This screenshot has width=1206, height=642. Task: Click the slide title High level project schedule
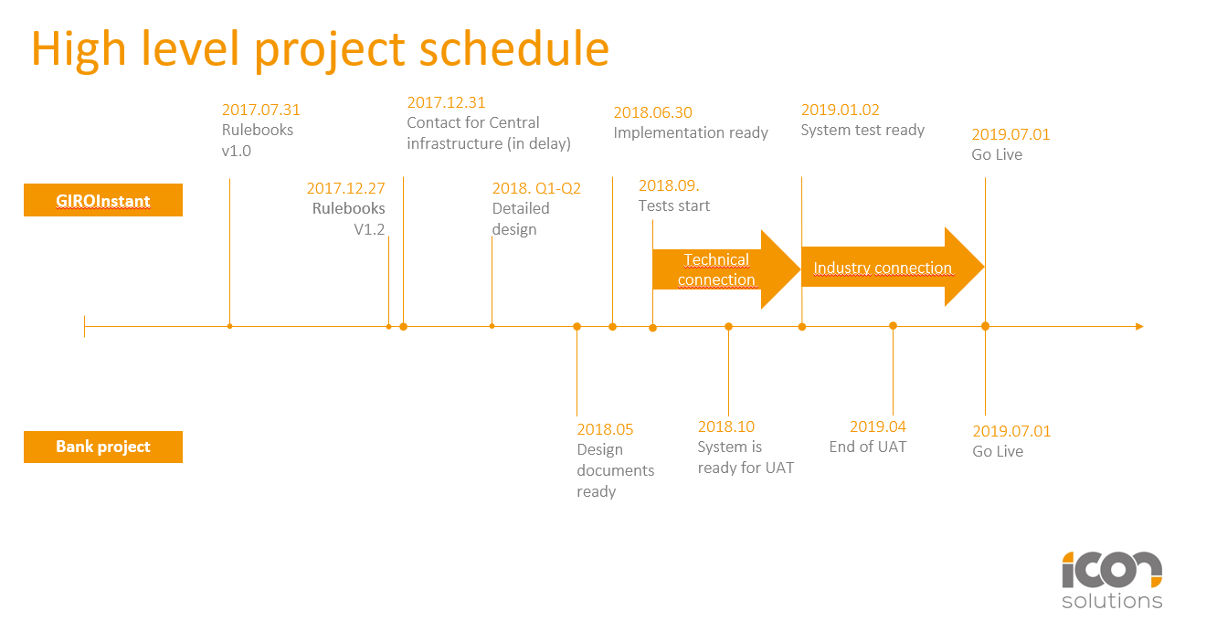click(x=320, y=48)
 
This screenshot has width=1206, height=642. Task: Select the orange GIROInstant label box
click(x=103, y=201)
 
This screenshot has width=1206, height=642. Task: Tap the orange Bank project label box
click(x=103, y=447)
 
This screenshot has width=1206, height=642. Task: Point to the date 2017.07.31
click(x=260, y=110)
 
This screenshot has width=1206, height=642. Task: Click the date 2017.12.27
click(x=345, y=188)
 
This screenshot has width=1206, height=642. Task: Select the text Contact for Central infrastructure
click(x=488, y=133)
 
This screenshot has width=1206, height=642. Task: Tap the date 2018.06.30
click(x=652, y=112)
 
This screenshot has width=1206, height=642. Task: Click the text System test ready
click(x=862, y=130)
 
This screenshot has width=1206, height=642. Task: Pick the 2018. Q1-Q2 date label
click(x=536, y=188)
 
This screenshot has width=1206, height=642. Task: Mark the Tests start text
click(x=673, y=205)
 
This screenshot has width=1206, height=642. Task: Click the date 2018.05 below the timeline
click(x=605, y=429)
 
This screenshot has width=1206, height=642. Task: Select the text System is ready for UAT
click(x=746, y=458)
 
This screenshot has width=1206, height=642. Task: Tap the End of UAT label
click(x=867, y=447)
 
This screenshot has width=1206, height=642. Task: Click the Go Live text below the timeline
click(x=997, y=451)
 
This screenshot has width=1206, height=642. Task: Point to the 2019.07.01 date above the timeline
click(x=1010, y=134)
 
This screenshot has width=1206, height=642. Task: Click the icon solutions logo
click(x=1111, y=580)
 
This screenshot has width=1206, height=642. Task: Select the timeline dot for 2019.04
click(x=893, y=326)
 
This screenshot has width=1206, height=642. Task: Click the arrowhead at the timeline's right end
click(x=1138, y=326)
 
